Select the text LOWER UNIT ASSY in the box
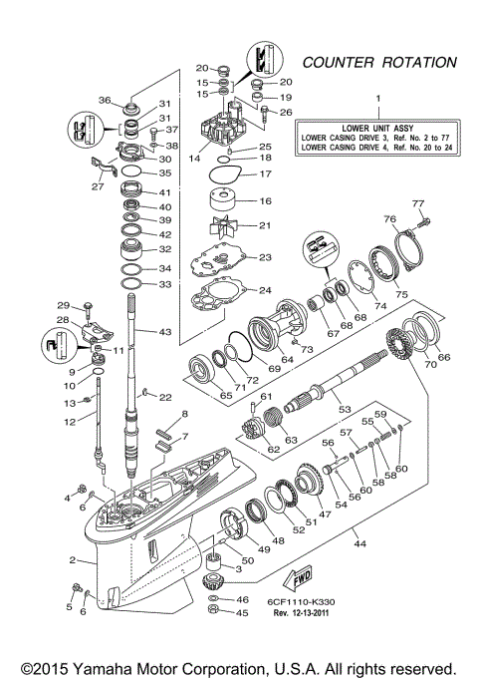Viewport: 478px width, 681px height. click(x=378, y=130)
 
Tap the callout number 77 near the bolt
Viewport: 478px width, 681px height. click(x=418, y=203)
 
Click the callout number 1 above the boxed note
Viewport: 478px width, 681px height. click(x=378, y=98)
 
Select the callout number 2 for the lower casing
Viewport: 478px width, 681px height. click(x=74, y=560)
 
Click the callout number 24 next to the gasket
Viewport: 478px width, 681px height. click(x=264, y=291)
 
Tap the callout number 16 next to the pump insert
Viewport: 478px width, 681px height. click(x=264, y=200)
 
